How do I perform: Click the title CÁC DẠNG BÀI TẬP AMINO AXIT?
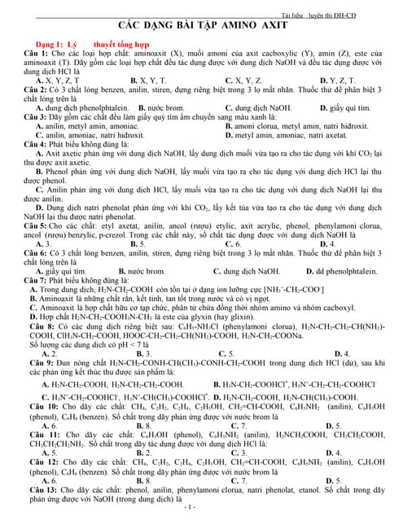click(201, 25)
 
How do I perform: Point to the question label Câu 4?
click(34, 143)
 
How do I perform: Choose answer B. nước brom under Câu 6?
click(147, 271)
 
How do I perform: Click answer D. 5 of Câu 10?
click(333, 425)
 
